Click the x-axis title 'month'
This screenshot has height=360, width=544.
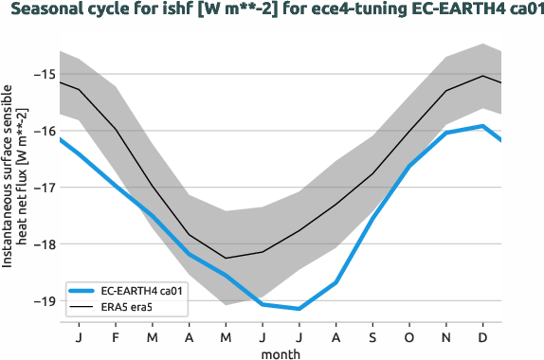click(x=281, y=351)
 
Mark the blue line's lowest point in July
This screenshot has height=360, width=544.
click(x=299, y=309)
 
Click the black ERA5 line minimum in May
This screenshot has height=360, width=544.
click(x=226, y=258)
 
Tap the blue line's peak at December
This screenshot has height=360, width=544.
click(x=483, y=126)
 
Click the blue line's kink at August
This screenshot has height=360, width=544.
click(x=336, y=282)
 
